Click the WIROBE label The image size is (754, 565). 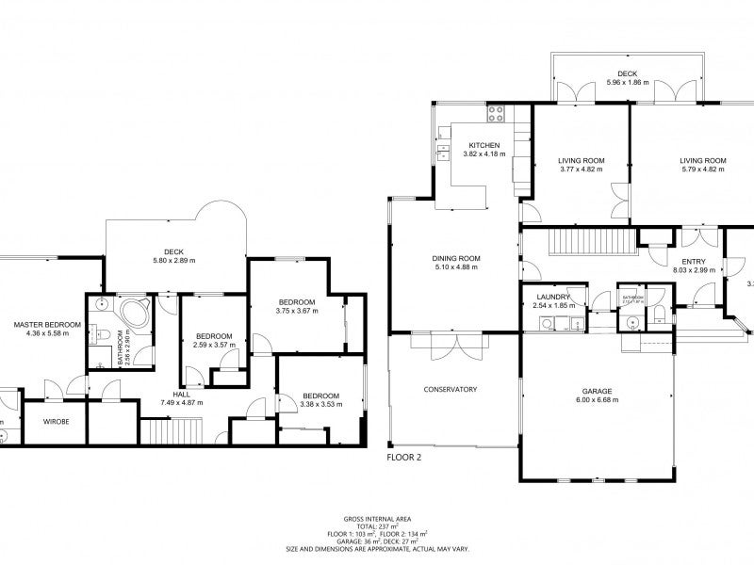point(55,423)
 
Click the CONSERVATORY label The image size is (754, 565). point(451,389)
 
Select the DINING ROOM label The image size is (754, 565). point(456,258)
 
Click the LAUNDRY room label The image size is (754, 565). point(542,297)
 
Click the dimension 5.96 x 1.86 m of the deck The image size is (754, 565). point(627,82)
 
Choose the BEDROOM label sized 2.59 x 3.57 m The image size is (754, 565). point(214,336)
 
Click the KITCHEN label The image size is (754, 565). point(484,145)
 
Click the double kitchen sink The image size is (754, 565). point(441,152)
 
